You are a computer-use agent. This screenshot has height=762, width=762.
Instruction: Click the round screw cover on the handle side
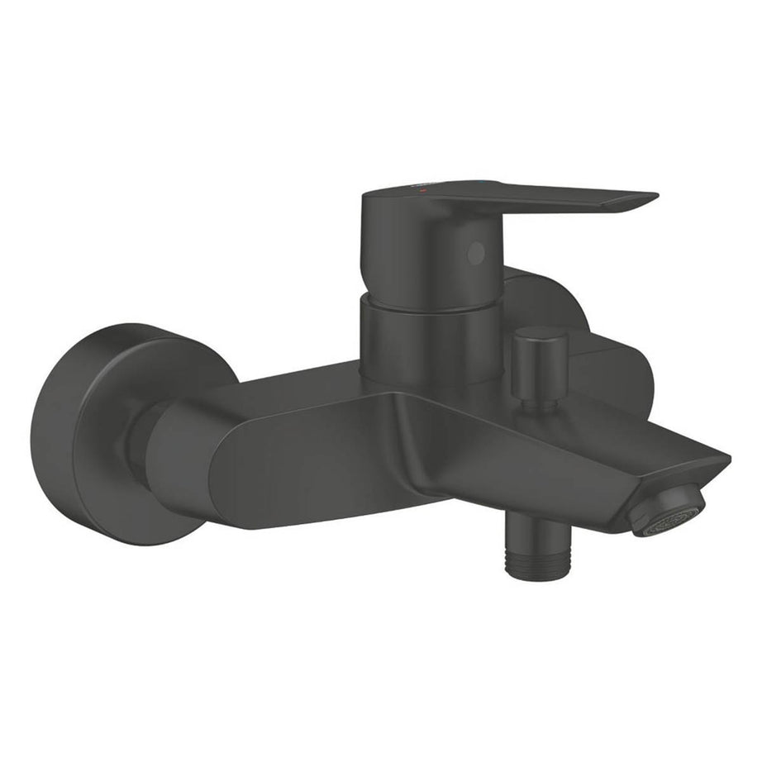tap(474, 255)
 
